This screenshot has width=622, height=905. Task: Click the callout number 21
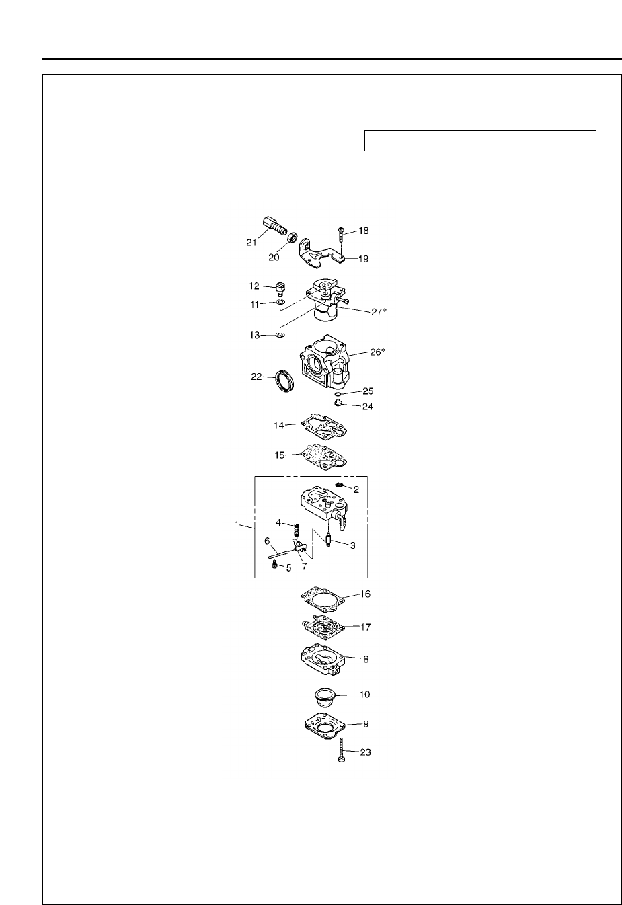click(251, 243)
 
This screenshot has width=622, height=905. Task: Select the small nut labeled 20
click(291, 237)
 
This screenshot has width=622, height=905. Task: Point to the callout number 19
click(362, 258)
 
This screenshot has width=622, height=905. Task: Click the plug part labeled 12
click(280, 289)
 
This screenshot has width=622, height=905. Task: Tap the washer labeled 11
click(280, 304)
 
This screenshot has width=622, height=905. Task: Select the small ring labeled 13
click(280, 333)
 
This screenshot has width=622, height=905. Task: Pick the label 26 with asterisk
click(379, 352)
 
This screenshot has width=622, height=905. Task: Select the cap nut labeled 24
click(339, 405)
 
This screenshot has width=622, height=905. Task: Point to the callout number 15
click(280, 455)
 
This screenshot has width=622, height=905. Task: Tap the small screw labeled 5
click(274, 566)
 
